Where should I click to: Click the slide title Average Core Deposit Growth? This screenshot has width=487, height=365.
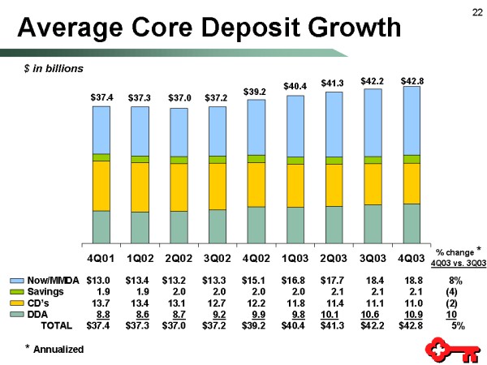click(209, 28)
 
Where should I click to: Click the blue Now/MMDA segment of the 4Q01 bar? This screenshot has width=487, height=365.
click(101, 129)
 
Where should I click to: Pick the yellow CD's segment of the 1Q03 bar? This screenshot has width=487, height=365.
click(295, 185)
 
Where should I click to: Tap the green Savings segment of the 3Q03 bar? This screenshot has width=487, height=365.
click(373, 160)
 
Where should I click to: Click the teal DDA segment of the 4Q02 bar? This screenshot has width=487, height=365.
click(256, 224)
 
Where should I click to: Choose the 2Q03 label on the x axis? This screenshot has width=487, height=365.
click(334, 258)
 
